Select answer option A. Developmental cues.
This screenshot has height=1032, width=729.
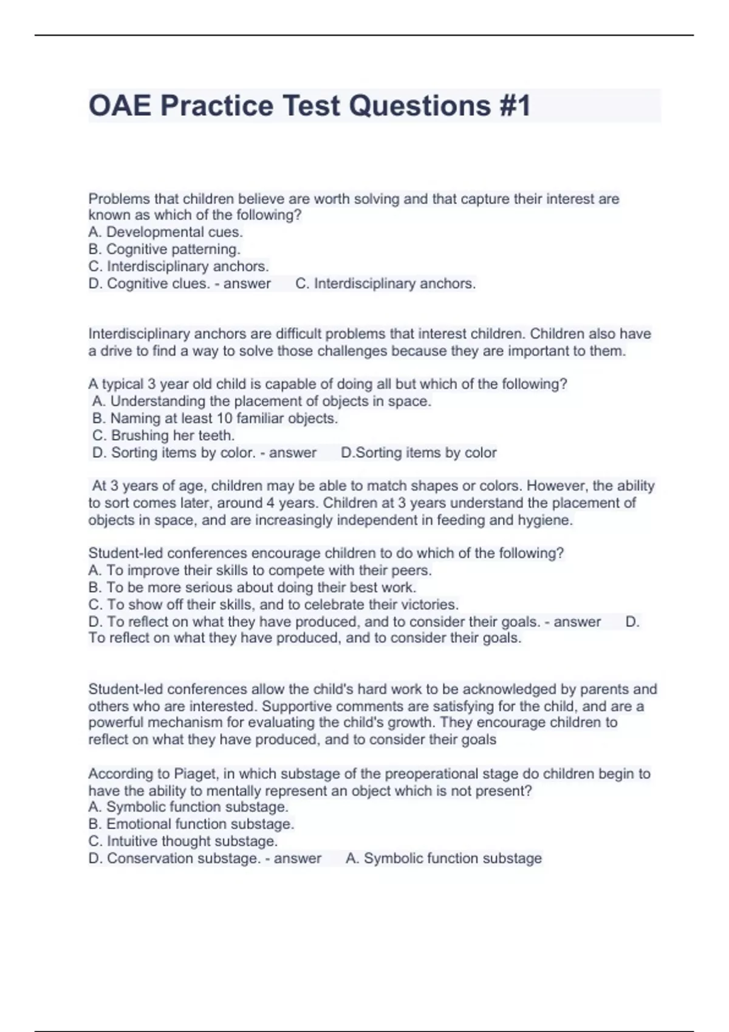(x=165, y=232)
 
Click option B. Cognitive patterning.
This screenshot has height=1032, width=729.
(x=164, y=249)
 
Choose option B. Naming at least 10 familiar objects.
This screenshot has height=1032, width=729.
(x=215, y=418)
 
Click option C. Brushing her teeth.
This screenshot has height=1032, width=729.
(x=163, y=435)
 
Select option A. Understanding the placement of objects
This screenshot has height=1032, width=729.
(x=262, y=401)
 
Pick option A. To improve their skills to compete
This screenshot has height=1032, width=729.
(x=260, y=571)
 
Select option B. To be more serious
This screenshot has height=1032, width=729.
(x=252, y=588)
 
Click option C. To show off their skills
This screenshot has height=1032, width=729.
(x=273, y=605)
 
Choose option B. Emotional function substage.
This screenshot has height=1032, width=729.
(x=191, y=824)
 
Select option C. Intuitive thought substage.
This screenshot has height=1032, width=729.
(x=183, y=841)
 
